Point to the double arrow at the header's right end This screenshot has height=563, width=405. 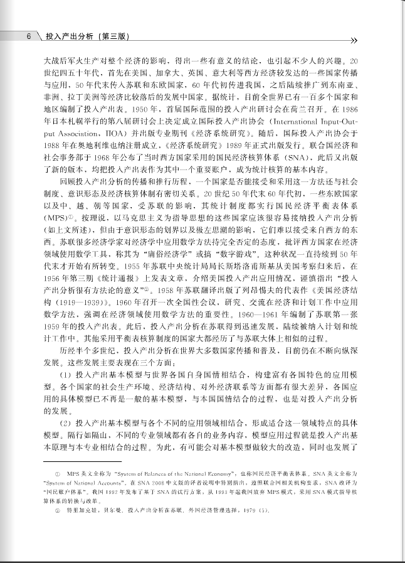[x=354, y=40]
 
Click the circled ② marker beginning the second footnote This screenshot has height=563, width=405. [x=58, y=512]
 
